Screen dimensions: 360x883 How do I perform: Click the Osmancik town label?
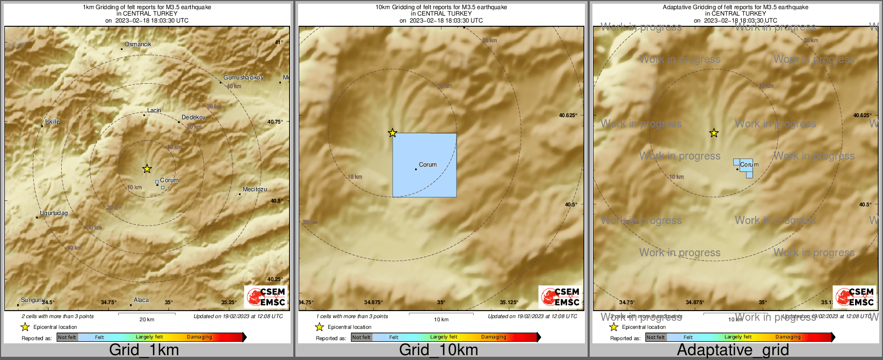click(138, 44)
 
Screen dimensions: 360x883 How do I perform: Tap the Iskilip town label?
click(53, 121)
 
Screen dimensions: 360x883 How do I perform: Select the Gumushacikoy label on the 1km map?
click(243, 78)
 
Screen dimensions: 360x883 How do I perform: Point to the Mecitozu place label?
click(255, 189)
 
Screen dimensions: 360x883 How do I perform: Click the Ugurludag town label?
click(54, 213)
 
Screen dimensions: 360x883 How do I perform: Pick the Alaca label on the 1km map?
click(141, 300)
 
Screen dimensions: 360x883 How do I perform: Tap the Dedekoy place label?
click(193, 117)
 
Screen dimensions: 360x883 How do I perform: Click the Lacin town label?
click(154, 110)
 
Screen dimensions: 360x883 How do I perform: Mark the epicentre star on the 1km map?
click(147, 169)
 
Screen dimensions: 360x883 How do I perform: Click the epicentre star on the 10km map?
click(393, 133)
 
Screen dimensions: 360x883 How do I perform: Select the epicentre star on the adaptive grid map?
click(714, 133)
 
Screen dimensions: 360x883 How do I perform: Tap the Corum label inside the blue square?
click(428, 164)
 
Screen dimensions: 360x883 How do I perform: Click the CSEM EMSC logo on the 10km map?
click(560, 297)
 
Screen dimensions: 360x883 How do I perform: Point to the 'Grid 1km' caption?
click(144, 350)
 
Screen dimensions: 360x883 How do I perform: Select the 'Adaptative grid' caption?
click(733, 350)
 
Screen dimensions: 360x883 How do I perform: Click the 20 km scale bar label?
click(147, 319)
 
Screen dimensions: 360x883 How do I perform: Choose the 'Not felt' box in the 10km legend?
click(361, 337)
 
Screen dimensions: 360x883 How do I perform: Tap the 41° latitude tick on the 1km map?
click(279, 42)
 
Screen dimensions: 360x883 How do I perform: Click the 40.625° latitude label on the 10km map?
click(568, 115)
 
